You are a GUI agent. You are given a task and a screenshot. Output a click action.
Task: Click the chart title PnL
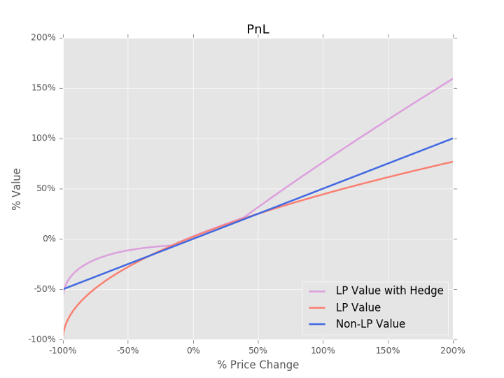click(x=258, y=29)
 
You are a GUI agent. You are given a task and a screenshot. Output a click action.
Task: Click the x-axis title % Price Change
click(x=258, y=365)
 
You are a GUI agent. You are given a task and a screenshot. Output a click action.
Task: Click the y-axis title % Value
click(x=17, y=189)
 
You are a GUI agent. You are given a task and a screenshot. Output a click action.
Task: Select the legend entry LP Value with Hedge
click(x=389, y=290)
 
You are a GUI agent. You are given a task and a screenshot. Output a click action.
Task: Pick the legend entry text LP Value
click(x=358, y=307)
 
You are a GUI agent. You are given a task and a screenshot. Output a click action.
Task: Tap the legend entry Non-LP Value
click(x=370, y=324)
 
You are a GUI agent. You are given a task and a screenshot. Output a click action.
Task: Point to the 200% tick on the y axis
click(x=43, y=38)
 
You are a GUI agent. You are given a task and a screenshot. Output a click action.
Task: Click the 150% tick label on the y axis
click(x=43, y=88)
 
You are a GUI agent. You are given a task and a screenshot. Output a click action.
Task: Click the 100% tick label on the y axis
click(x=43, y=139)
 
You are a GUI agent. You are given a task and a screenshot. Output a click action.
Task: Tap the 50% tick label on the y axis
click(x=45, y=189)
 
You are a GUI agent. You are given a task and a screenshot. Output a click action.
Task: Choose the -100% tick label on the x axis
click(x=63, y=350)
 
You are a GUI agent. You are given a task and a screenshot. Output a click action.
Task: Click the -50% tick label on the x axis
click(x=128, y=350)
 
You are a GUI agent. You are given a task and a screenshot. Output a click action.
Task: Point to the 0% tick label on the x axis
click(x=193, y=350)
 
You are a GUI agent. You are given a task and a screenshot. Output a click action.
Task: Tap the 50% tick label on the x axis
click(x=258, y=350)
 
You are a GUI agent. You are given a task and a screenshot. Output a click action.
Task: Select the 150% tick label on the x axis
click(x=388, y=350)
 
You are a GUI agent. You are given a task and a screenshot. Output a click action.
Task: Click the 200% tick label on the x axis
click(x=452, y=350)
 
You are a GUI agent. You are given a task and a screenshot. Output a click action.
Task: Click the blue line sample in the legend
click(x=317, y=324)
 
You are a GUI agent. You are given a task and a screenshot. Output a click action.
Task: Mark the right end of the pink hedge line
click(x=452, y=78)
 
